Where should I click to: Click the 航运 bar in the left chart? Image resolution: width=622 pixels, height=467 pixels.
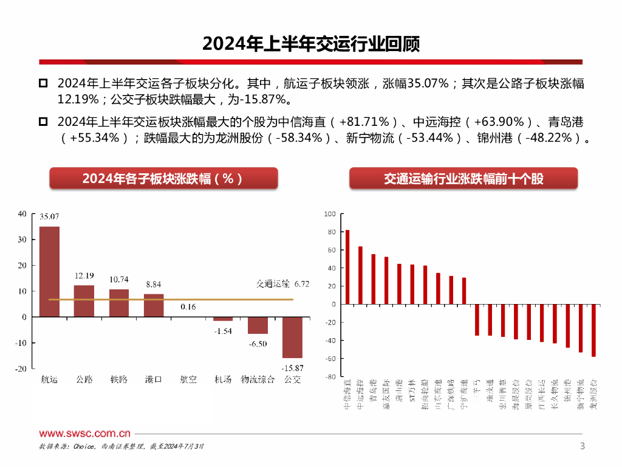coord(49,271)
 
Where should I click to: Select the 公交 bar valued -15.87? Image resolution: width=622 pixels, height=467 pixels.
coord(292,337)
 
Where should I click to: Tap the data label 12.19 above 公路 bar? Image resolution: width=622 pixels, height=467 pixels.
coord(84,276)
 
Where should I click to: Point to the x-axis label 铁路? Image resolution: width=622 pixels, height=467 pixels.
coord(119,380)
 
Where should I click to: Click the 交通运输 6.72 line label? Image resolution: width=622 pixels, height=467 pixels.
coord(275,283)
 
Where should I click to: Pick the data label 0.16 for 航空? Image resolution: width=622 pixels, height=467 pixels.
coord(188,307)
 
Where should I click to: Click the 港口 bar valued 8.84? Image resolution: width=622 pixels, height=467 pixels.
coord(154,305)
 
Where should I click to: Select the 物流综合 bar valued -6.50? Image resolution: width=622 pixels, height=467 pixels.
coord(258,325)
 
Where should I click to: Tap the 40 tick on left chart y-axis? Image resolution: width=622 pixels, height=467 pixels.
coord(22,213)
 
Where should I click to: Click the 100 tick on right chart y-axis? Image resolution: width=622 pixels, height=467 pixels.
coord(330,214)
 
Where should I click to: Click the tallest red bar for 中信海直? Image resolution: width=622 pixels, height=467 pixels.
coord(347,267)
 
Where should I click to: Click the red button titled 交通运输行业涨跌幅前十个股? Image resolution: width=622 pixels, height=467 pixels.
coord(463,178)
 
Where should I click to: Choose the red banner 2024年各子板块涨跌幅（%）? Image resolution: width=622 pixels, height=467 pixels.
coord(163,178)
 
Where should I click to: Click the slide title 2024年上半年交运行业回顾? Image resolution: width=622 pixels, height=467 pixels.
coord(310,44)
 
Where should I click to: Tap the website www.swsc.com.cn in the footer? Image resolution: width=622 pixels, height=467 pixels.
coord(85,434)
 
